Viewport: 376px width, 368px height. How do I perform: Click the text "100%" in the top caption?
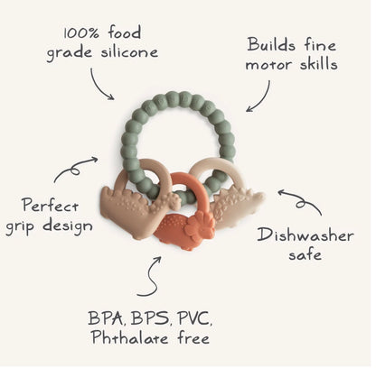coord(81,33)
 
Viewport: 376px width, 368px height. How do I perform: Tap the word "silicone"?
coord(129,51)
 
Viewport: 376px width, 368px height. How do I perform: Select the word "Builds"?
coord(271,45)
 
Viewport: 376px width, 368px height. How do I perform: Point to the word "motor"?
coord(269,65)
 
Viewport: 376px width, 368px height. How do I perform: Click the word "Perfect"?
coord(50,206)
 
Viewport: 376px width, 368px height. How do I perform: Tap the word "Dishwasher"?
coord(305,235)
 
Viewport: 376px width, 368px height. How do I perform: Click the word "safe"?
coord(305,254)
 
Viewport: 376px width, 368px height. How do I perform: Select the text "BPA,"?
coord(107,318)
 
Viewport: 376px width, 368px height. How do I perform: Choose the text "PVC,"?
coord(194,318)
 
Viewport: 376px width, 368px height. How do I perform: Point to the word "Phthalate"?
coord(130,337)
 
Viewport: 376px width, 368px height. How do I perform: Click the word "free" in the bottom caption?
coord(193,337)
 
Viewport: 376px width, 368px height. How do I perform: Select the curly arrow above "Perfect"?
coord(74,169)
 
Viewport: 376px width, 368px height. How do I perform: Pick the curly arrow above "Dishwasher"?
coord(301,202)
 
